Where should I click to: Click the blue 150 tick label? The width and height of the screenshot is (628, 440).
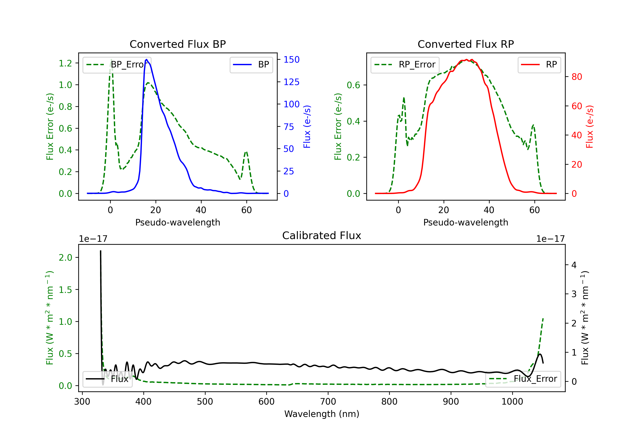coord(291,60)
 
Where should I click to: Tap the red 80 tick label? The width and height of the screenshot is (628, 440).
coord(577,77)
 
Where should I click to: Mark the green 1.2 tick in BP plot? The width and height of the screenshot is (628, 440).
coord(65,63)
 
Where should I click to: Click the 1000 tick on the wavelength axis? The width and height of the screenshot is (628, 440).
coord(512,402)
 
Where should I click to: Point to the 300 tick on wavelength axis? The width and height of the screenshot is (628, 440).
coord(82,402)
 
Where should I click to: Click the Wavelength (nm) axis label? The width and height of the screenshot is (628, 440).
coord(322,414)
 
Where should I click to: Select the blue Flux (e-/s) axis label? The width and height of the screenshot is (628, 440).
coord(307,127)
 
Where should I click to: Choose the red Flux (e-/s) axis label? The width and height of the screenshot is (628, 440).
coord(589,127)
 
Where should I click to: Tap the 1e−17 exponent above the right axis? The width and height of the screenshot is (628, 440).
coord(550,239)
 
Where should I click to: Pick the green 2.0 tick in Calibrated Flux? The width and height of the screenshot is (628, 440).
coord(65,258)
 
